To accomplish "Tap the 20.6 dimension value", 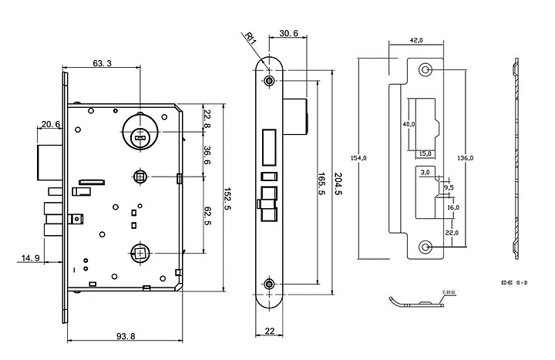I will coord(52,123).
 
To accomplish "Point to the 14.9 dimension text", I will coord(30,257).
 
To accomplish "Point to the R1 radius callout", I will coord(249,37).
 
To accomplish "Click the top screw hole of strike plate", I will coord(425,71).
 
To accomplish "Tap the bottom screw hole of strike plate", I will coord(425,246).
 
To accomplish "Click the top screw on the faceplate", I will coord(269,80).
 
